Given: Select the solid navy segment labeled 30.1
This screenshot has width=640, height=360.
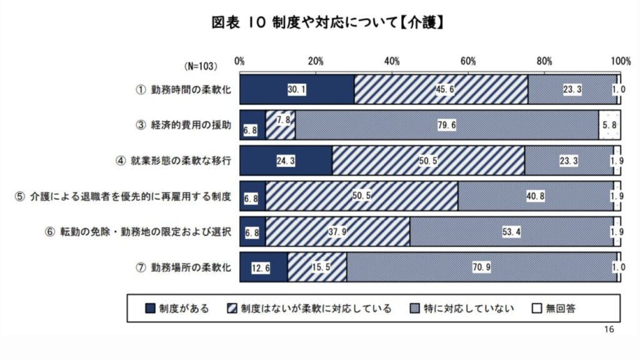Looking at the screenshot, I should coord(296,89).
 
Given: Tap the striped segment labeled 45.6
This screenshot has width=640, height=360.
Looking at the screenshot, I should coord(441,89).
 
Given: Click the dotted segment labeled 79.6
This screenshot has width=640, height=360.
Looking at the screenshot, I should coord(447,125).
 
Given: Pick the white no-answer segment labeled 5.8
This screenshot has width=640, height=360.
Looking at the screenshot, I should coord(609,125).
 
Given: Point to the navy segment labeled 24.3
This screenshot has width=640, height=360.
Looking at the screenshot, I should coord(286,161).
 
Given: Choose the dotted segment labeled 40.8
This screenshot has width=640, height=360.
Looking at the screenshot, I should coord(536,196).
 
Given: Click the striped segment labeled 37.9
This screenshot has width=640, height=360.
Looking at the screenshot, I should coord(337,232).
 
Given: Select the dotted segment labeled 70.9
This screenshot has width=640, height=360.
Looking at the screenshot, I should coord(481,267).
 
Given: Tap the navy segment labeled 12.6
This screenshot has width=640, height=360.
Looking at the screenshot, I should coord(263,267).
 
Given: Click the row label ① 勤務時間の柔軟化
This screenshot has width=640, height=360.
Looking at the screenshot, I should coord(184,89).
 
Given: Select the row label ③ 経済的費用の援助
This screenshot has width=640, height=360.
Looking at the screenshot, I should coord(184,125).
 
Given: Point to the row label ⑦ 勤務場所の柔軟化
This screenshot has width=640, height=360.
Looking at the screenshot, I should coord(184,267).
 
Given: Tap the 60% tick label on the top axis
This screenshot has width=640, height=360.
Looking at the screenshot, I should coord(468,61).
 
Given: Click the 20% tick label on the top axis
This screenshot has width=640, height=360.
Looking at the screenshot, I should coord(316,61).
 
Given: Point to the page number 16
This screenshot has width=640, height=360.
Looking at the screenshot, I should coord(610,329).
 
